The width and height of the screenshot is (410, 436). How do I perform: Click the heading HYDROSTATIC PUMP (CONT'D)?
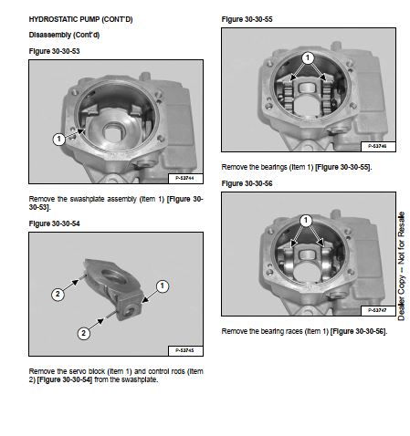pos(80,19)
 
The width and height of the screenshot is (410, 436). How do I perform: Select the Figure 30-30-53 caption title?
pos(54,51)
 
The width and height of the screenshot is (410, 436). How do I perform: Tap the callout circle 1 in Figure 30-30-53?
pos(58,140)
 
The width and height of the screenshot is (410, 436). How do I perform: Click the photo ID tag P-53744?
pos(185,178)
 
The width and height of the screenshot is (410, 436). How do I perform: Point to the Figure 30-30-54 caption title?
pos(54,223)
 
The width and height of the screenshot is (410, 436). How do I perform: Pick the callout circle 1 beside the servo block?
pos(163,285)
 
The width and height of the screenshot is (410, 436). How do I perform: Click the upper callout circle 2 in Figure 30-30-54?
pos(58,295)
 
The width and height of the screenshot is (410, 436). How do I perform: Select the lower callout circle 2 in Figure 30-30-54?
pos(84,333)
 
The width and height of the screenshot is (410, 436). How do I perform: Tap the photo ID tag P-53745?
pos(185,350)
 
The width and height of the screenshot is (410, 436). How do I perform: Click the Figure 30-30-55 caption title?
pos(247,19)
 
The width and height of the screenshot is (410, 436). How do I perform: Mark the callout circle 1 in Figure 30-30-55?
pos(308,57)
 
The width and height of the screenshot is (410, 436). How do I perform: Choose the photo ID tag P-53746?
pos(378,146)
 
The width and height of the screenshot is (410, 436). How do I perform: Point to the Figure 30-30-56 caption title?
pos(247,183)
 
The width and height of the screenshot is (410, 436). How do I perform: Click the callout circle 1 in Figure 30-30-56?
pos(306,221)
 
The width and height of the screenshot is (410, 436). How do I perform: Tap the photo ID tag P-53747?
pos(378,310)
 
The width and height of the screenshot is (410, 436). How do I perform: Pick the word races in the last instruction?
pos(295,331)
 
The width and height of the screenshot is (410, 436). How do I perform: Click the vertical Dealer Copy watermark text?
pos(402,266)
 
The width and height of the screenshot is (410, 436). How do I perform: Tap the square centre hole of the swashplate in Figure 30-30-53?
pos(114,132)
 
